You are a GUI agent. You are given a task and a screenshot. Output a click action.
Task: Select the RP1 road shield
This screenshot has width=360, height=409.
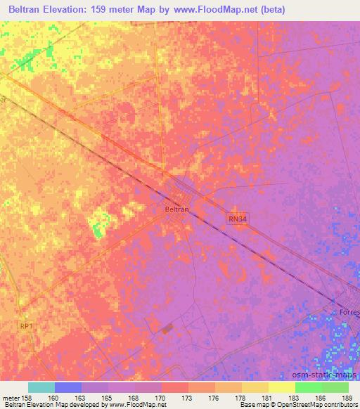coord(27,325)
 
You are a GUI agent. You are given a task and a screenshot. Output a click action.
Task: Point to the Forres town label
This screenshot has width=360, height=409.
coord(348,311)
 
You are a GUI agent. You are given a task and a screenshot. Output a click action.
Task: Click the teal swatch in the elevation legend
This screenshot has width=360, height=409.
coord(41,387)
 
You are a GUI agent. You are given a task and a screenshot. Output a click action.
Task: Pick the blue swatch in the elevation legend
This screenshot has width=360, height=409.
coord(68,387)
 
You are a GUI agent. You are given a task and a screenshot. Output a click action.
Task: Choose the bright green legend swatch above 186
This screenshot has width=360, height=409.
coord(309,387)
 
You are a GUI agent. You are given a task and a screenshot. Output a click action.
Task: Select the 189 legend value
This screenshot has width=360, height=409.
coord(347,398)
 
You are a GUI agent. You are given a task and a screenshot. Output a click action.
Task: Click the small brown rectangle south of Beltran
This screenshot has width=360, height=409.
coord(166,328)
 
